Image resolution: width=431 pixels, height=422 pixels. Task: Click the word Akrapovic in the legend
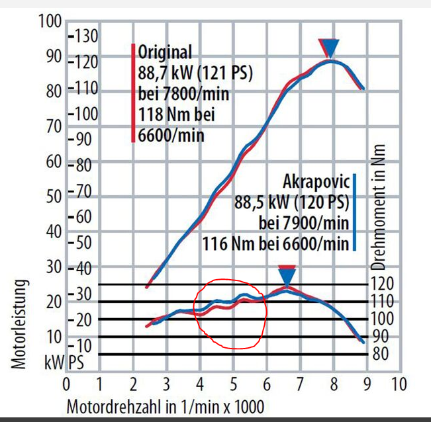315,181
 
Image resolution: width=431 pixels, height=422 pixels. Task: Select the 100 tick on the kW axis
50,22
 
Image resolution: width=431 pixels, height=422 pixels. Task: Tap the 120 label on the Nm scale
382,284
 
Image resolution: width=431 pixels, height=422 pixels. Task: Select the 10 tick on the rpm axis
398,384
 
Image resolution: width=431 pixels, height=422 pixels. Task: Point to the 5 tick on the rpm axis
233,384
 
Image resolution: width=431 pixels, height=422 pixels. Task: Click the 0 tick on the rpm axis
66,384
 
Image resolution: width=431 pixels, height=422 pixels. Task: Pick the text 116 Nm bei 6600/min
275,243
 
